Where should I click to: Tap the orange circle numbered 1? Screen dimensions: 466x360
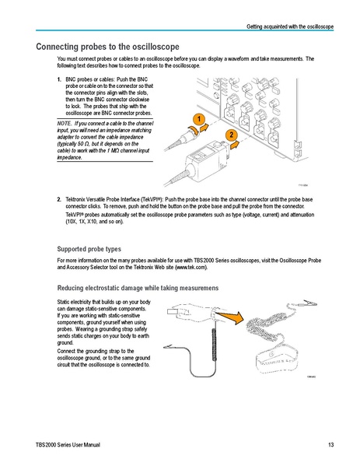pyautogui.click(x=199, y=118)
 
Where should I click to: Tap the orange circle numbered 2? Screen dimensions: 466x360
pyautogui.click(x=231, y=136)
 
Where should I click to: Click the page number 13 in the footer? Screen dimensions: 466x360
pyautogui.click(x=330, y=444)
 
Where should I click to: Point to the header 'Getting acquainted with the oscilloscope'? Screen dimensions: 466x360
pyautogui.click(x=290, y=27)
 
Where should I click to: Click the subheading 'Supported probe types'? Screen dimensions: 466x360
pyautogui.click(x=89, y=249)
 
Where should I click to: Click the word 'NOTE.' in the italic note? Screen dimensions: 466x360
pyautogui.click(x=68, y=123)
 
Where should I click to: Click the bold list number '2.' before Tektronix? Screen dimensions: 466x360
pyautogui.click(x=61, y=199)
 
